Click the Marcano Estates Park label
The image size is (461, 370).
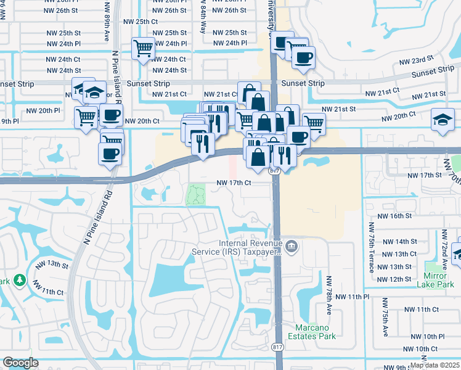pos(314,331)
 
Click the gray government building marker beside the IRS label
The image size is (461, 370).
pos(293,248)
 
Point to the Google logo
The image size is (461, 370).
pos(21,363)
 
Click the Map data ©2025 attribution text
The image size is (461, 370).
pos(434,365)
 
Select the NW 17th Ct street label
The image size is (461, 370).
pos(234,183)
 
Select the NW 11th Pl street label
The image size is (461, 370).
pos(366,297)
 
